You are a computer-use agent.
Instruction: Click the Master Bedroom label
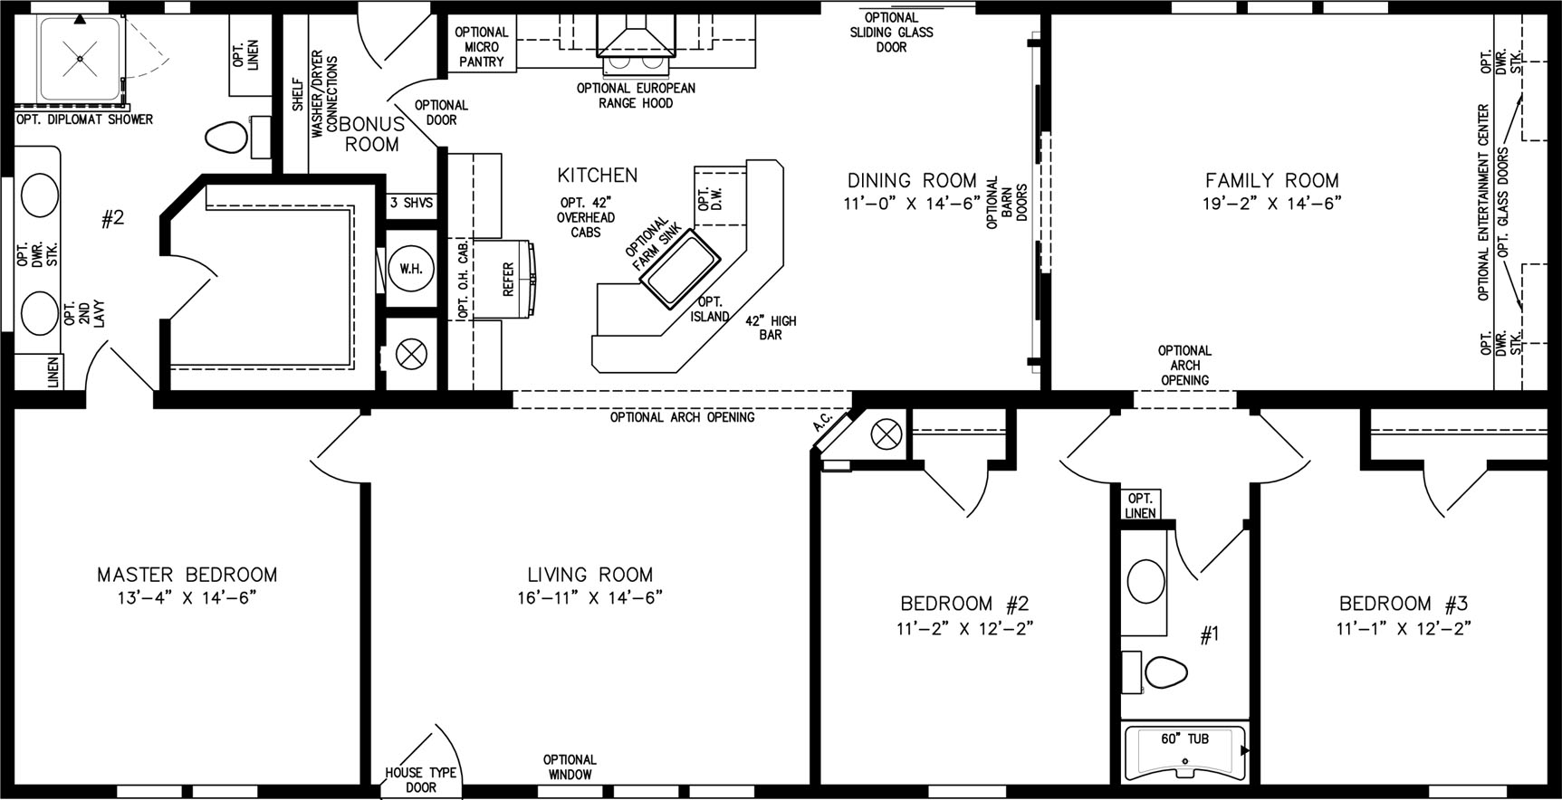(x=187, y=575)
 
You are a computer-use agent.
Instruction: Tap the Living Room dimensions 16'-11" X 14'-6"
(x=589, y=597)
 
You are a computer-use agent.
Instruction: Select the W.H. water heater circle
(x=410, y=269)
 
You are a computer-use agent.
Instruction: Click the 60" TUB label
(x=1184, y=739)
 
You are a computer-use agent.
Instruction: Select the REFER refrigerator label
(x=508, y=280)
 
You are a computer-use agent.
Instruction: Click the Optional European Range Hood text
(x=636, y=96)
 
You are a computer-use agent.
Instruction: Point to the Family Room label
(x=1271, y=181)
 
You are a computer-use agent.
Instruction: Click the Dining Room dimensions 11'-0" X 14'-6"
(x=912, y=204)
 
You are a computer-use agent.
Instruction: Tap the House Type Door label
(x=420, y=780)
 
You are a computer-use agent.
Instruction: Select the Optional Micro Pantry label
(x=481, y=47)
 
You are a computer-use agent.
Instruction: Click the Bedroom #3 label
(x=1404, y=604)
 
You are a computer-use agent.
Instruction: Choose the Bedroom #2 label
(x=964, y=604)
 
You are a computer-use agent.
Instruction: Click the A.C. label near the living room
(x=822, y=422)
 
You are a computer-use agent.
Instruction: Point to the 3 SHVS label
(x=411, y=204)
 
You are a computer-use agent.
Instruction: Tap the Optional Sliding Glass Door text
(x=891, y=33)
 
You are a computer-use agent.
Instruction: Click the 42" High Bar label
(x=771, y=328)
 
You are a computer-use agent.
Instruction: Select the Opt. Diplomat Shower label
(x=84, y=119)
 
